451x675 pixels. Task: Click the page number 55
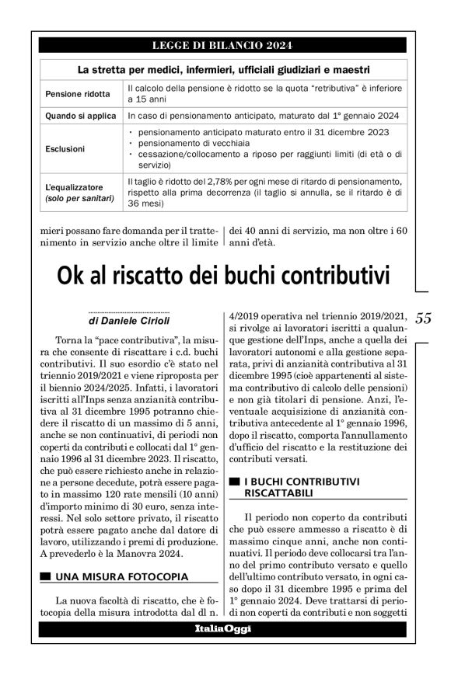(423, 318)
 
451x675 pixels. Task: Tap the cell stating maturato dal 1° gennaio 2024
(264, 116)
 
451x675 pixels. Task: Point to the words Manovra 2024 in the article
(154, 553)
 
